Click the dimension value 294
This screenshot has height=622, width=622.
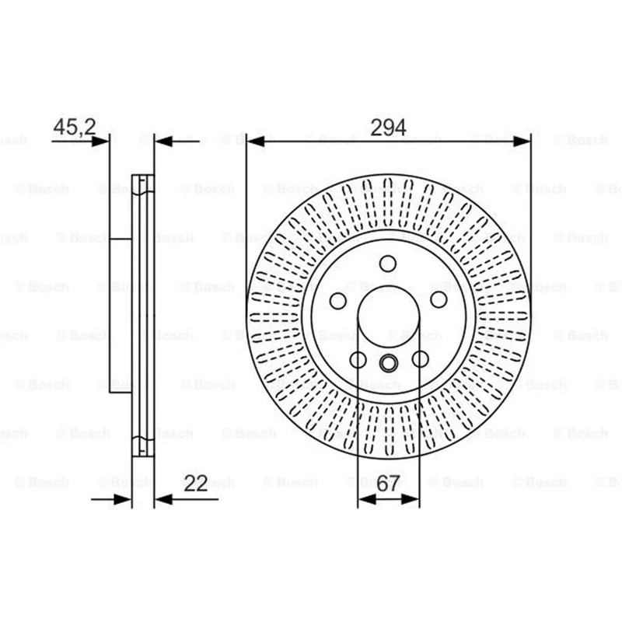388,128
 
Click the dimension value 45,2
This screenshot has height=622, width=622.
75,127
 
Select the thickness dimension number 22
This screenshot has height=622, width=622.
196,483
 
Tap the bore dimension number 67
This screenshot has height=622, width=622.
388,483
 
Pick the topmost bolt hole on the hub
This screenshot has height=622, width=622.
387,264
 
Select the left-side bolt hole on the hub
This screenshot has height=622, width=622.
338,301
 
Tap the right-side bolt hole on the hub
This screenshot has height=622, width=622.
439,300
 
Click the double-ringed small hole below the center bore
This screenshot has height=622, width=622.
388,363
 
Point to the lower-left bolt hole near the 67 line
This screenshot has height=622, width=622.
358,360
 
